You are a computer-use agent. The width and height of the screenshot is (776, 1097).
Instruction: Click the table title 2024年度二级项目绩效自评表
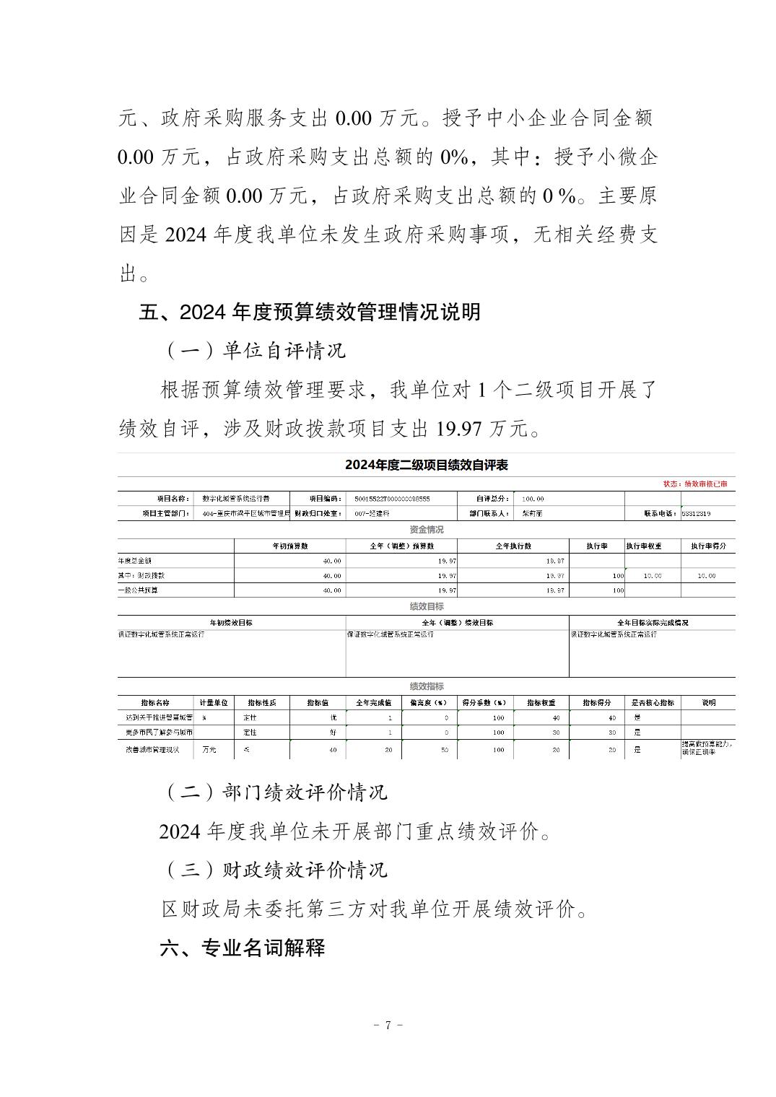pyautogui.click(x=426, y=465)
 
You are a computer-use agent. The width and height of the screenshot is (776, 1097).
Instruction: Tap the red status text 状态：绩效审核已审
pyautogui.click(x=694, y=484)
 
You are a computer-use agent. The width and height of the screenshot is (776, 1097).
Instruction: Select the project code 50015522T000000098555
pyautogui.click(x=392, y=499)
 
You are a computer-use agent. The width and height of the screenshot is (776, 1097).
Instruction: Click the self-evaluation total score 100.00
pyautogui.click(x=533, y=499)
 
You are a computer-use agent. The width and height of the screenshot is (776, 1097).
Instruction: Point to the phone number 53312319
pyautogui.click(x=696, y=514)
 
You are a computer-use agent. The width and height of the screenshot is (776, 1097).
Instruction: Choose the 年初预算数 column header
pyautogui.click(x=289, y=546)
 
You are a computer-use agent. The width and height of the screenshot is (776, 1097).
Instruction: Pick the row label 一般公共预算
pyautogui.click(x=138, y=590)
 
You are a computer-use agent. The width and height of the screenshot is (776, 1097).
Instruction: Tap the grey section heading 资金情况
pyautogui.click(x=426, y=530)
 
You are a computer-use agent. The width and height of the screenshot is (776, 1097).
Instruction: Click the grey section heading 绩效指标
pyautogui.click(x=426, y=686)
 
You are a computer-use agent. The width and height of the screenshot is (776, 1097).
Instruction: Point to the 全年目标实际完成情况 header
pyautogui.click(x=652, y=622)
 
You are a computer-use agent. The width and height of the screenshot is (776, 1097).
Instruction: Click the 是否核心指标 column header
pyautogui.click(x=653, y=702)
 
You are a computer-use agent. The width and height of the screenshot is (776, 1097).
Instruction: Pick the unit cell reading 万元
pyautogui.click(x=209, y=750)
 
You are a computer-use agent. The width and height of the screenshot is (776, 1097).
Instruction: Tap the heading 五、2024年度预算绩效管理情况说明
pyautogui.click(x=310, y=313)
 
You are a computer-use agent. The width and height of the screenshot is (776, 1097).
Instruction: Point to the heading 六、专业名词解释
pyautogui.click(x=243, y=947)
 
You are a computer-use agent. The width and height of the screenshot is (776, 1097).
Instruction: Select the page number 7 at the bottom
pyautogui.click(x=388, y=1025)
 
